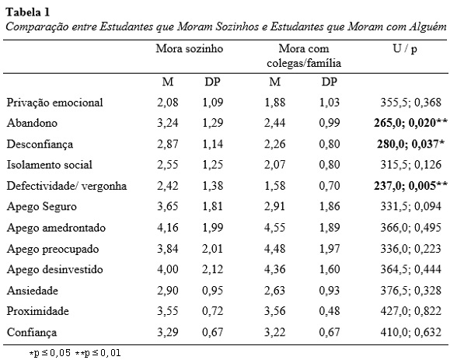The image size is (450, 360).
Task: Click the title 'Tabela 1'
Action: [28, 12]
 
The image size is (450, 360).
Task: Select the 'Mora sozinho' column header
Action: [190, 48]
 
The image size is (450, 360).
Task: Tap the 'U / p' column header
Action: [405, 49]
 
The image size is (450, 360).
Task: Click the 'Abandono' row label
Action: [32, 123]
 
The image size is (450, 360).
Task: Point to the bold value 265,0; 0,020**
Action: [410, 123]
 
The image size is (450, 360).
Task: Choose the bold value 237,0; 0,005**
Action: [410, 186]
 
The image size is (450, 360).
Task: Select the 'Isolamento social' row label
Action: [50, 165]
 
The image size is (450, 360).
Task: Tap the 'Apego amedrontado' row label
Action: [56, 228]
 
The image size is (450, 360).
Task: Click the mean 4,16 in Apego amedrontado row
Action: [168, 228]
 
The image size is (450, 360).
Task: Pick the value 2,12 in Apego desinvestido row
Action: [212, 269]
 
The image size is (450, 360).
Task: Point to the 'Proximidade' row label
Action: [38, 311]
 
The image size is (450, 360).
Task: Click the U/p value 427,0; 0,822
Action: [410, 311]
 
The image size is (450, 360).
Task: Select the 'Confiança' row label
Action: [32, 332]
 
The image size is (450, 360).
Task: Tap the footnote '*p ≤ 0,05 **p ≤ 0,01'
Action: [75, 352]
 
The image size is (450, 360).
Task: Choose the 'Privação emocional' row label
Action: [55, 103]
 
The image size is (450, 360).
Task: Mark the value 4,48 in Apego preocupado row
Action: [274, 249]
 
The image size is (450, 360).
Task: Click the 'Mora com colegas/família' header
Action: [304, 56]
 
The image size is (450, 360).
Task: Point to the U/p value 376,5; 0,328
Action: [410, 291]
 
